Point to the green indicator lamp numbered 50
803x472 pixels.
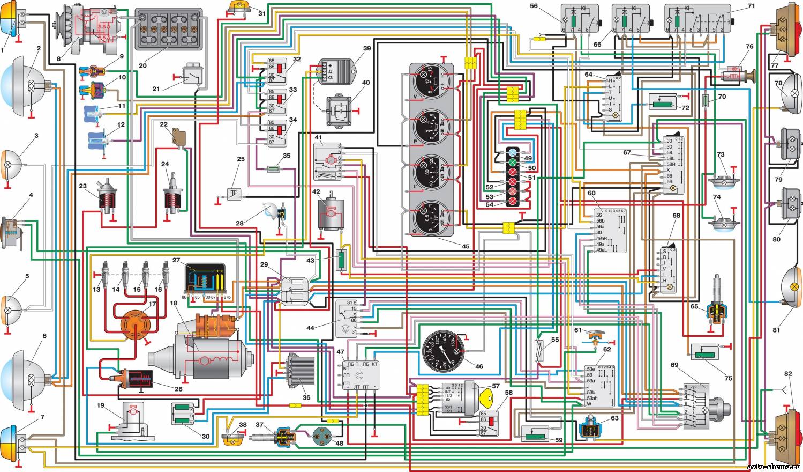point(513,162)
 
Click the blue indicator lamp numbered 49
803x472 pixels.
point(513,152)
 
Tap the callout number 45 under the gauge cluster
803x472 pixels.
point(465,247)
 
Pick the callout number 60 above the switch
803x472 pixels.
point(591,194)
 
